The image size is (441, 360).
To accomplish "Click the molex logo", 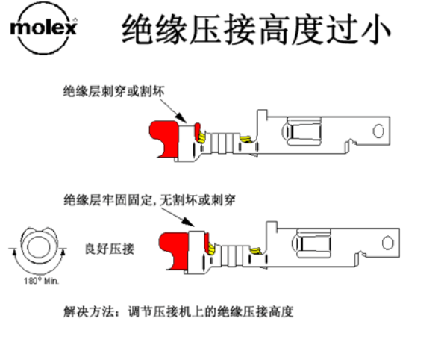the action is coord(43,28).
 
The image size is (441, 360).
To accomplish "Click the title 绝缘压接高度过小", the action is coord(256,30).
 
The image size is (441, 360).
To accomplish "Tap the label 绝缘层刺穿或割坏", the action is coord(113,91).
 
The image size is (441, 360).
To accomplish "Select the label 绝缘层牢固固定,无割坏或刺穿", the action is coord(149,200).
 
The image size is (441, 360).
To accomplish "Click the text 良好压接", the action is coord(110,249).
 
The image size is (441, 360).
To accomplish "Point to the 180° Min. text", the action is coord(41,281).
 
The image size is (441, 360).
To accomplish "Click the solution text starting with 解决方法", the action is coord(178,311).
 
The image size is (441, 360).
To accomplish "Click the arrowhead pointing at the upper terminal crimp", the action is coord(181,117).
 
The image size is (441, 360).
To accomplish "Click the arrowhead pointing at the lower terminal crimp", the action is coord(189,222).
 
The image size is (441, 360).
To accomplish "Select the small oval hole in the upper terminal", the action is coord(378,131).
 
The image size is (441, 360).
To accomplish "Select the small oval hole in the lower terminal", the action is coord(388,243).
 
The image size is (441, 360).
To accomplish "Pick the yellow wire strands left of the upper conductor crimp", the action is coord(202,137).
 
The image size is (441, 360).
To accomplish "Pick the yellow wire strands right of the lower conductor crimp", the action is coord(256,251).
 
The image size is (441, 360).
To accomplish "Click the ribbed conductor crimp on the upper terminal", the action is coord(223,143).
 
